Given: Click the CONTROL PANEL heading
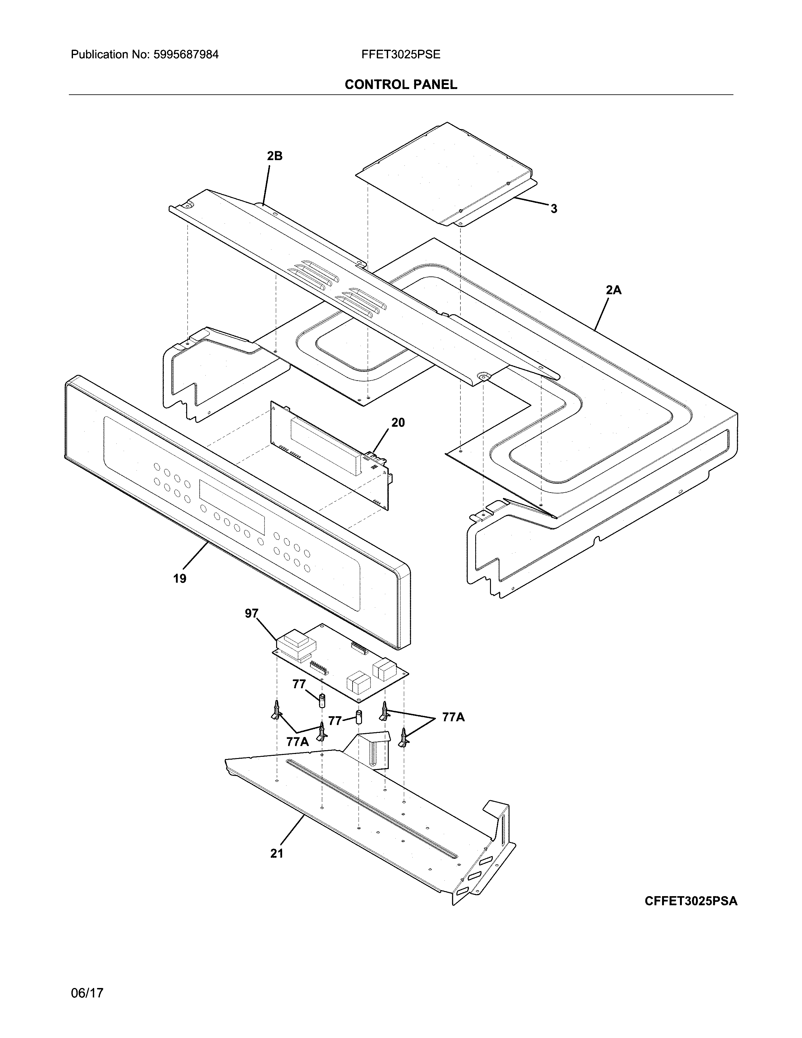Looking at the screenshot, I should coord(400,85).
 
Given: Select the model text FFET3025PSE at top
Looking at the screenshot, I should coord(400,55).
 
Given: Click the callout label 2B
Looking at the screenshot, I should coord(275,156).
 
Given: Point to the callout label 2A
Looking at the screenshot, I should coord(613,290).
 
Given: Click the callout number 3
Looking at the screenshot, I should coord(554,209).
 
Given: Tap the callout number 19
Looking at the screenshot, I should coord(180,578).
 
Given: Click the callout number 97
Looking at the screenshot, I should coord(251,614).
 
